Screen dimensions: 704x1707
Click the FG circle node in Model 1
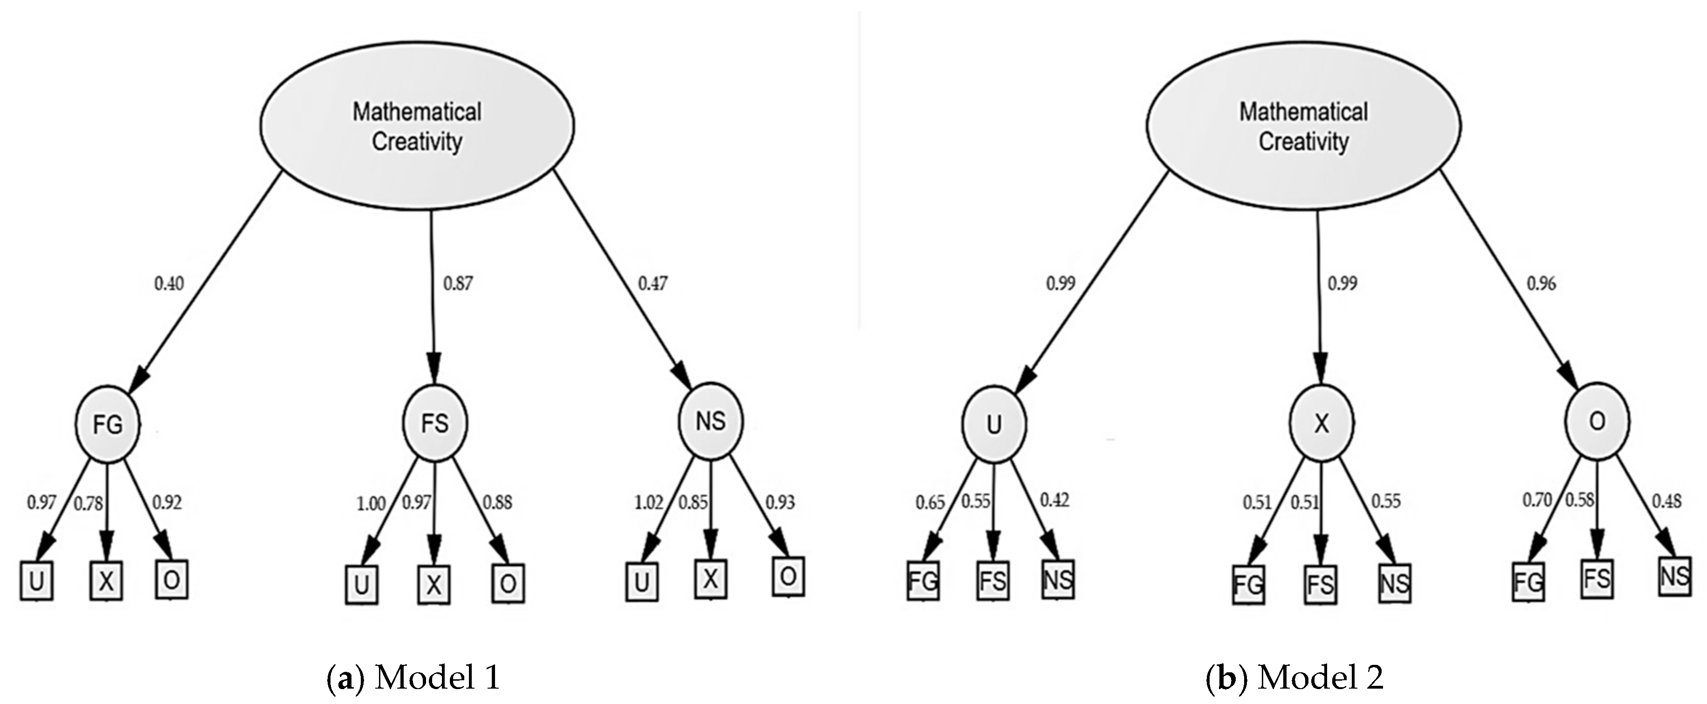point(107,424)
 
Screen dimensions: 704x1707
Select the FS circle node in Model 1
point(435,422)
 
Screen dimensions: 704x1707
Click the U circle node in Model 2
point(993,424)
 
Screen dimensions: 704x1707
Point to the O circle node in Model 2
point(1597,421)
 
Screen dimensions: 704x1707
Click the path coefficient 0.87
point(458,284)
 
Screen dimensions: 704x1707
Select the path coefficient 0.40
point(169,284)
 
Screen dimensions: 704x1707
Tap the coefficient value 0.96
point(1542,284)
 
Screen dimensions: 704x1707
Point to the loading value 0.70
point(1537,500)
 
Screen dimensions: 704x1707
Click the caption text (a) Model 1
point(413,678)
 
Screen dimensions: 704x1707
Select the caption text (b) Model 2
point(1294,678)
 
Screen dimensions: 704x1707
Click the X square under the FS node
point(434,585)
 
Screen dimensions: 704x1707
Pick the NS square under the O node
point(1674,576)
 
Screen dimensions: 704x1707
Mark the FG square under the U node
point(922,581)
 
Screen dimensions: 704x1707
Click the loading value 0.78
point(88,504)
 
